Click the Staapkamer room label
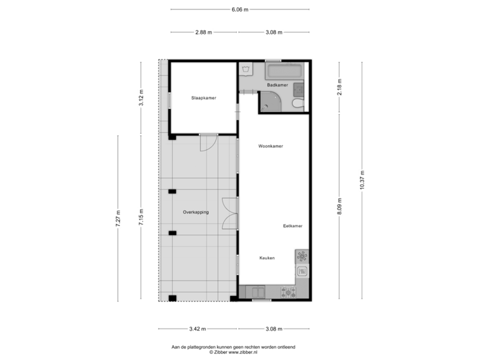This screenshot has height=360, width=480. (204, 98)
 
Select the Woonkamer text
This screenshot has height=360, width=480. (271, 146)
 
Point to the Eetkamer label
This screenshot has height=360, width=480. (292, 226)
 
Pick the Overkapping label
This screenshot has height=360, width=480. (195, 212)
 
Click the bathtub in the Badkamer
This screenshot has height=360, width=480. (285, 71)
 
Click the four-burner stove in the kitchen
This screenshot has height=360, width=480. (288, 291)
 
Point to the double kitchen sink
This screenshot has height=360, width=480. (255, 291)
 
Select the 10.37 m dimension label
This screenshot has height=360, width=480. (362, 180)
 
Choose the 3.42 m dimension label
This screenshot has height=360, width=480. (198, 329)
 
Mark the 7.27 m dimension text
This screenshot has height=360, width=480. (118, 218)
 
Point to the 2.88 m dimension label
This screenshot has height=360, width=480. (203, 32)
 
